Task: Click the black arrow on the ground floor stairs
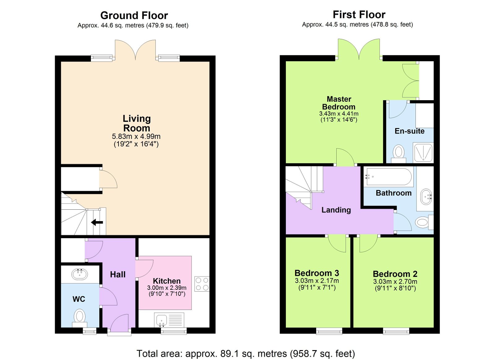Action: point(97,222)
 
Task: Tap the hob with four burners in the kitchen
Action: point(202,284)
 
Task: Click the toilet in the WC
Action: point(80,318)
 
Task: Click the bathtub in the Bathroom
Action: point(389,177)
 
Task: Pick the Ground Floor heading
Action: point(134,15)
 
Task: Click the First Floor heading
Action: point(359,15)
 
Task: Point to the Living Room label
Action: point(136,123)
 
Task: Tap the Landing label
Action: point(336,210)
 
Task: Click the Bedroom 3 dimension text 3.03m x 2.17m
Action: point(317,281)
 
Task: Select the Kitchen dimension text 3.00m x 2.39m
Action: point(167,288)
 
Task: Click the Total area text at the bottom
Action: point(246,354)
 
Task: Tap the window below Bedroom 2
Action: point(396,331)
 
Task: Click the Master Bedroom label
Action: point(338,103)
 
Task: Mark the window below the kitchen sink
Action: point(174,331)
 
